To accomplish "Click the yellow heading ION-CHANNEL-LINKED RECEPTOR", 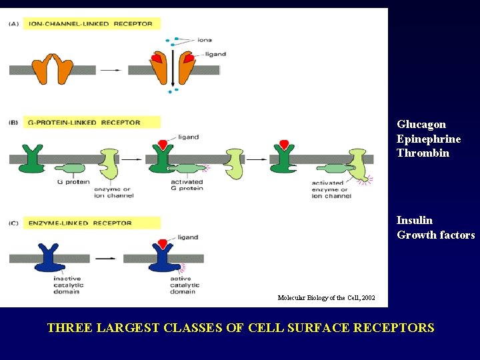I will [91, 23].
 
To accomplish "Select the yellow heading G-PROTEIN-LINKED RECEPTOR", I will [85, 122].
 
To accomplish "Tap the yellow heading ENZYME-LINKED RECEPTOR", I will [81, 223].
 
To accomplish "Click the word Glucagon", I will [421, 124].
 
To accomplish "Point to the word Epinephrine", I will [429, 139].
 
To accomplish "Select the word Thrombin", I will [423, 153].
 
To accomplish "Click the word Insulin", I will [415, 220].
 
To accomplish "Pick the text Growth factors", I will [436, 235].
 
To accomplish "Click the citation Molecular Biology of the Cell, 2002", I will [326, 297].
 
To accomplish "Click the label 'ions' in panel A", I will [204, 40].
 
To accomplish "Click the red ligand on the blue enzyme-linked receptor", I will [163, 243].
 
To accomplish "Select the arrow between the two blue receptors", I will [105, 257].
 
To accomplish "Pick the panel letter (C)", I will [14, 223].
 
